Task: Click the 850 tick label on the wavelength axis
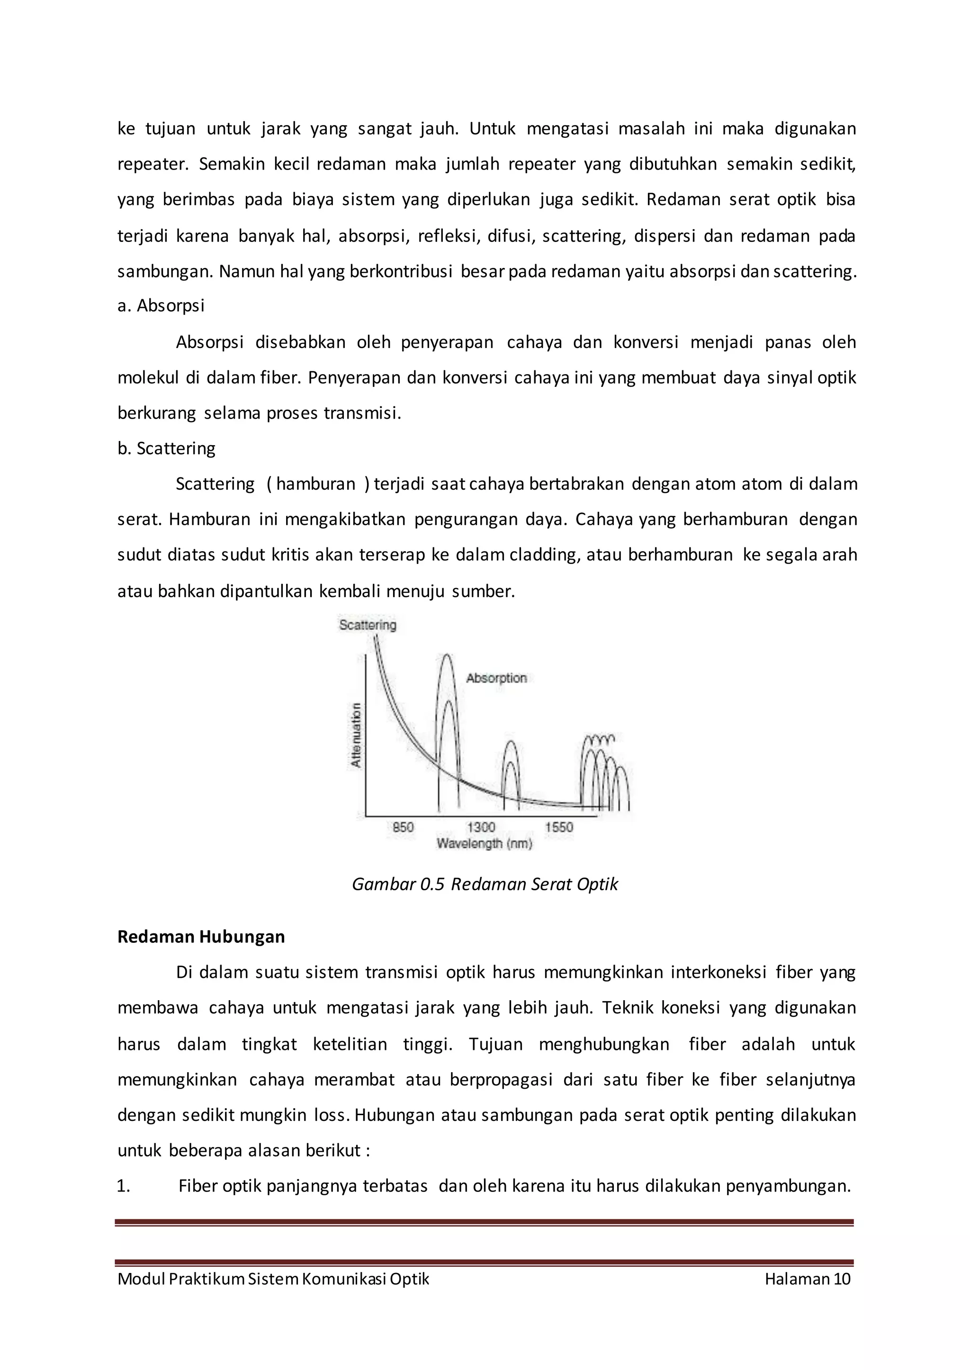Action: pos(403,827)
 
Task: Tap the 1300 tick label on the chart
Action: pos(481,827)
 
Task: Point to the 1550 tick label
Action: pos(558,827)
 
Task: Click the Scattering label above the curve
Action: pos(368,625)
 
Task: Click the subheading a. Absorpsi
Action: pos(161,306)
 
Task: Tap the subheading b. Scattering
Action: pos(166,448)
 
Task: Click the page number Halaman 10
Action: pos(808,1279)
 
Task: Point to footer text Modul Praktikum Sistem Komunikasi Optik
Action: pos(273,1279)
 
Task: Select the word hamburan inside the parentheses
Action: pos(315,484)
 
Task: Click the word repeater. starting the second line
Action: pos(153,164)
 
